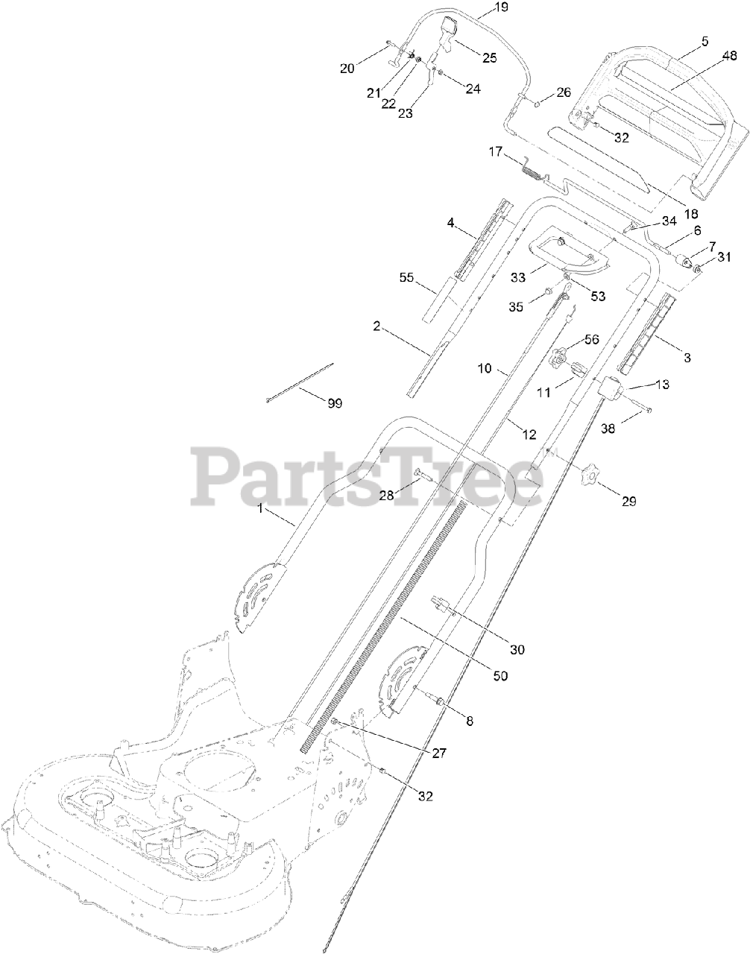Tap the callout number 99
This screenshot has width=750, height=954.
[335, 402]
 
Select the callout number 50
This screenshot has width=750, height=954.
[500, 675]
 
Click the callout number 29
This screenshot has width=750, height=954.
[628, 501]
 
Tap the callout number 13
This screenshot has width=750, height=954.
[662, 385]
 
